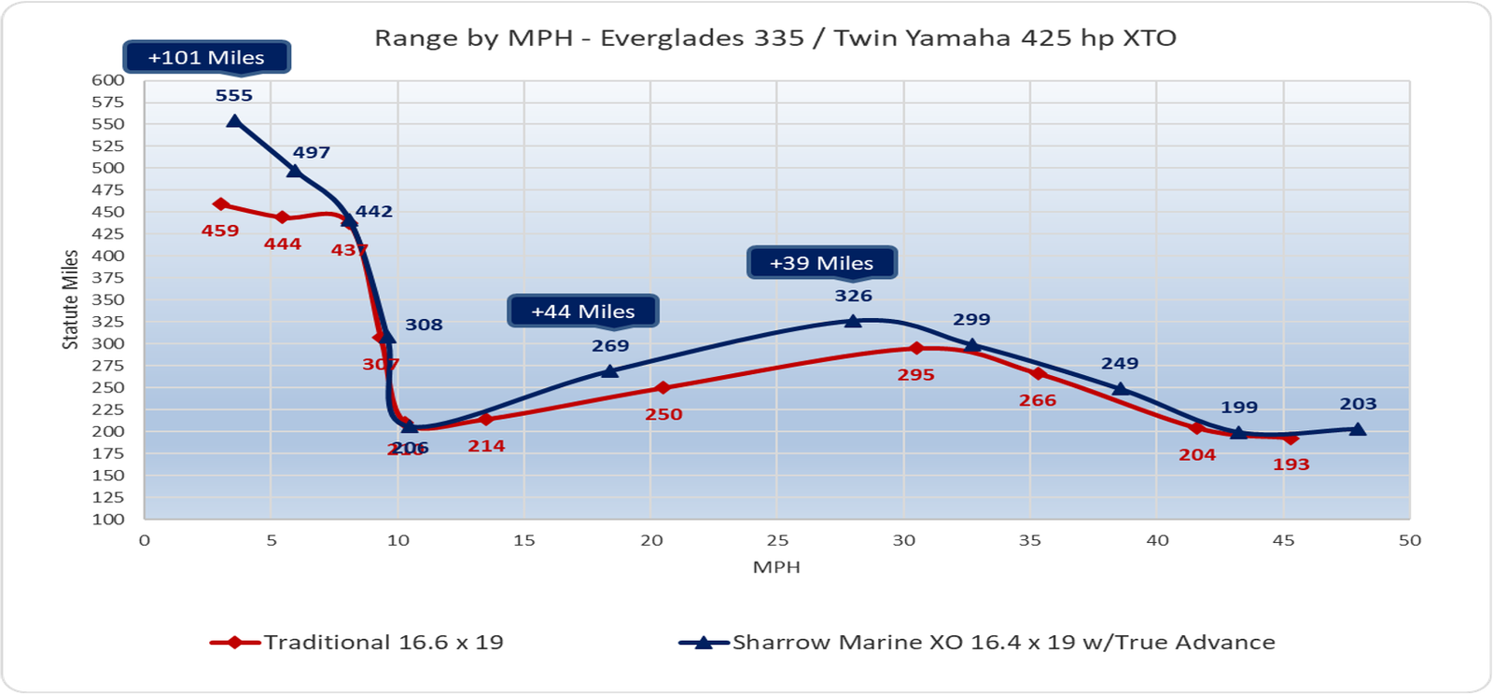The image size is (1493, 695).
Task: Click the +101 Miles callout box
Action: pyautogui.click(x=206, y=57)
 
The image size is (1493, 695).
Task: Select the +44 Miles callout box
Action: pyautogui.click(x=583, y=312)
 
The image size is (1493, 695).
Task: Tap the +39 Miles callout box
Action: pyautogui.click(x=821, y=263)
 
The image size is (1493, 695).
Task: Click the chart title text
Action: pyautogui.click(x=774, y=38)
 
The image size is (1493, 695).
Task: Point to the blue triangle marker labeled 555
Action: pyautogui.click(x=234, y=121)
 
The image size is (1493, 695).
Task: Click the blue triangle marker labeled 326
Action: pyautogui.click(x=853, y=321)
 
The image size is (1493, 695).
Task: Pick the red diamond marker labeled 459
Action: pyautogui.click(x=220, y=204)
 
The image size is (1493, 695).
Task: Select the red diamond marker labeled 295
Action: pyautogui.click(x=916, y=348)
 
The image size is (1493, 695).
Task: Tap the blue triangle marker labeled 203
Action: pyautogui.click(x=1358, y=429)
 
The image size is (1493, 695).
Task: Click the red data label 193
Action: pyautogui.click(x=1291, y=465)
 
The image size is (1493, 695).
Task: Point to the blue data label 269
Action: pyautogui.click(x=610, y=346)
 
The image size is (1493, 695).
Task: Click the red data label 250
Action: pyautogui.click(x=663, y=415)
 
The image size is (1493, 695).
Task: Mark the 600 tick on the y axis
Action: pyautogui.click(x=108, y=80)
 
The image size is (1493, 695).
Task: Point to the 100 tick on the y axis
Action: pyautogui.click(x=108, y=520)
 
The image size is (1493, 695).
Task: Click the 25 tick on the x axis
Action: pyautogui.click(x=777, y=541)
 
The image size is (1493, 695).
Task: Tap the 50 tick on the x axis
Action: pyautogui.click(x=1409, y=541)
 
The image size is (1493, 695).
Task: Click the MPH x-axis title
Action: pyautogui.click(x=776, y=567)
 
